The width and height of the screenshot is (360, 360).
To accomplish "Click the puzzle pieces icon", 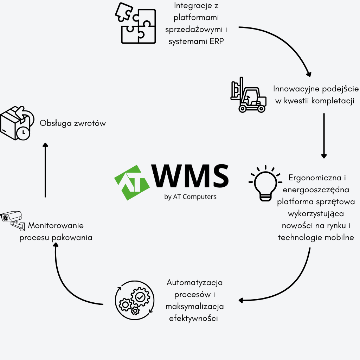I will [x=136, y=24].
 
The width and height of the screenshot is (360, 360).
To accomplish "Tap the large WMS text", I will [x=190, y=176].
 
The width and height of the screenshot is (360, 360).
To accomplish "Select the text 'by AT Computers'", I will [x=190, y=197].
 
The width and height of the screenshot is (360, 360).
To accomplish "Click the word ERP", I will [x=216, y=41].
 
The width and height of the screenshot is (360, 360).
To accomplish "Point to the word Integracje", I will [x=197, y=6].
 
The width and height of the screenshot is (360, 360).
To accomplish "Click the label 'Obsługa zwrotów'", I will [x=73, y=123].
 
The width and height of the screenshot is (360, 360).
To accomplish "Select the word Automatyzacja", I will [x=195, y=282].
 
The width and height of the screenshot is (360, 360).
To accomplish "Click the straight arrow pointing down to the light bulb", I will [x=324, y=135].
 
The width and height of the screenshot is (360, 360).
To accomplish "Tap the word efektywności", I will [x=194, y=319].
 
